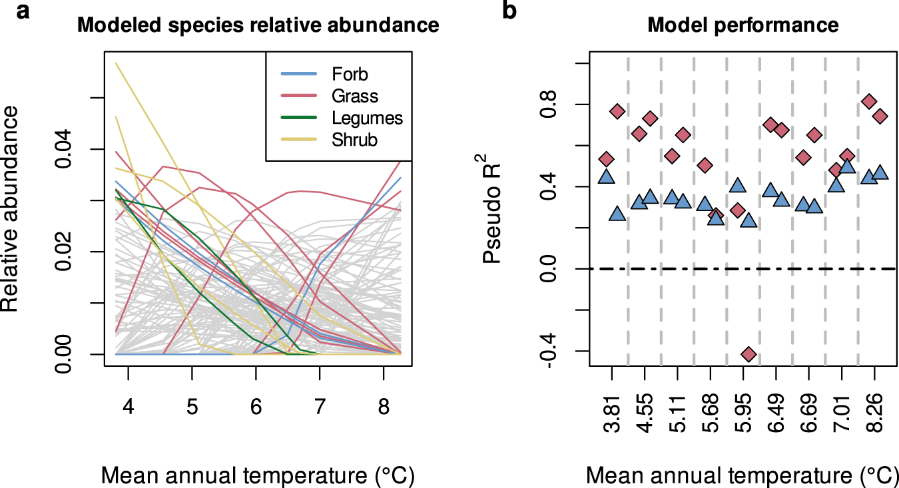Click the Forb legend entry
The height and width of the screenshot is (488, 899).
pos(349,73)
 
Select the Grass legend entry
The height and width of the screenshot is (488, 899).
pos(354,96)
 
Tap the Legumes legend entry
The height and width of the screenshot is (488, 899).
pos(367,118)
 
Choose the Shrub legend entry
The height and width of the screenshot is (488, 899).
pos(354,140)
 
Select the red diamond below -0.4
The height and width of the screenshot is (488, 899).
pos(749,354)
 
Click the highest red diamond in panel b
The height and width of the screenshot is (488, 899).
pos(868,102)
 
